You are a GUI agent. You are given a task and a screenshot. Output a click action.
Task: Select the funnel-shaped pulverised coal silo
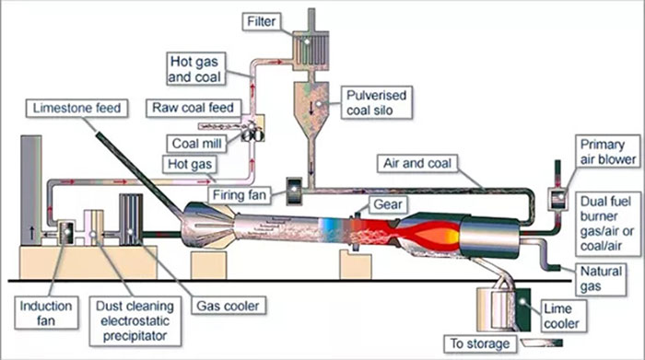pyautogui.click(x=314, y=100)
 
